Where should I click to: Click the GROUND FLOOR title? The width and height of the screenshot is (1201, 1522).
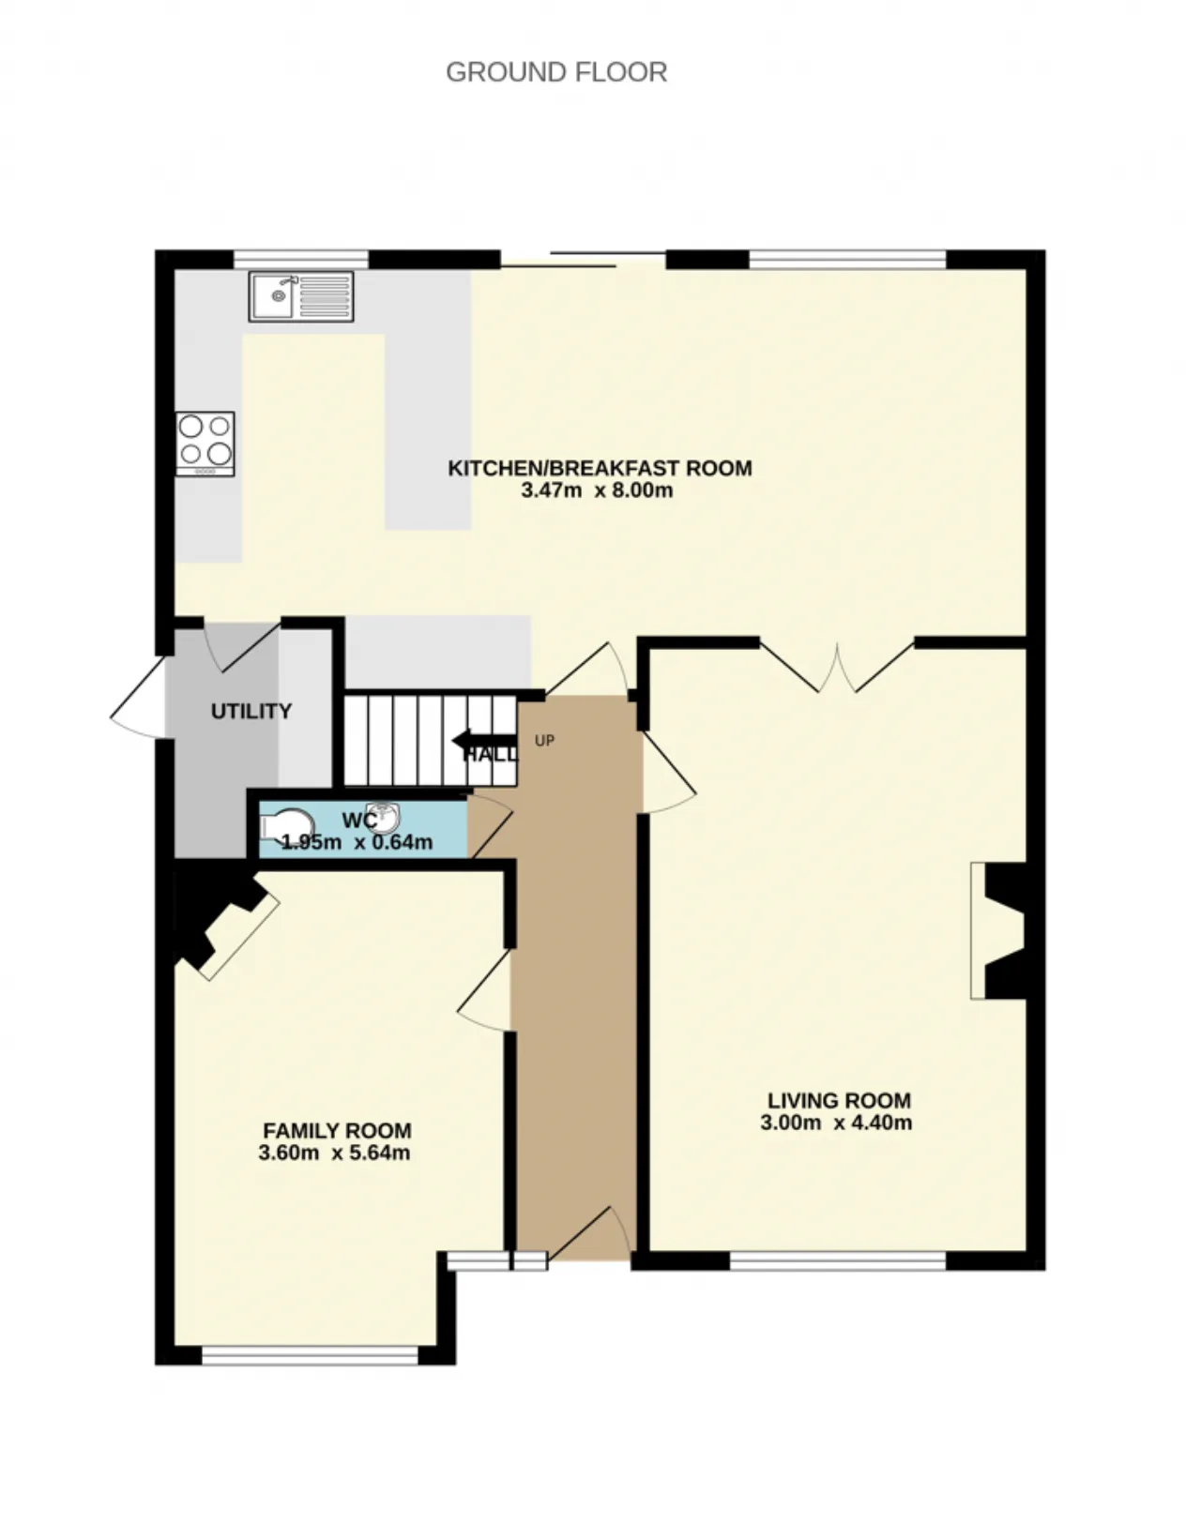[x=556, y=72]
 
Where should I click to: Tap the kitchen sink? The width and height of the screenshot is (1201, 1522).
[x=301, y=297]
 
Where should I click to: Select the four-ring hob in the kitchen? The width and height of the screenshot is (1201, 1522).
[x=205, y=445]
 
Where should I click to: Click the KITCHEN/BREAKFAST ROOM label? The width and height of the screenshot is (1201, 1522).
[x=600, y=468]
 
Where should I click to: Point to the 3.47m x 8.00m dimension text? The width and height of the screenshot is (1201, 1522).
[x=597, y=490]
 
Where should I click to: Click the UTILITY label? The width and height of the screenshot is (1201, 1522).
[x=251, y=712]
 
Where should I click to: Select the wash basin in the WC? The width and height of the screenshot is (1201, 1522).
[x=383, y=819]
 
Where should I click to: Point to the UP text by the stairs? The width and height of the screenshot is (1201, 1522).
[x=544, y=741]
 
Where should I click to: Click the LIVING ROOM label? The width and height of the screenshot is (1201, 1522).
[x=840, y=1101]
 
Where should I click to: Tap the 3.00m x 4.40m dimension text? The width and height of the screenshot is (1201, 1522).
[x=836, y=1123]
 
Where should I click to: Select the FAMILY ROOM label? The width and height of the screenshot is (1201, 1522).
[x=337, y=1131]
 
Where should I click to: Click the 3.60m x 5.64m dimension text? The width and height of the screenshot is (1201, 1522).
[x=334, y=1153]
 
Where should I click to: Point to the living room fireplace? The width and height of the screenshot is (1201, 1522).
[x=998, y=931]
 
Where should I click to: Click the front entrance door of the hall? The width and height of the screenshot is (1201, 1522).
[x=590, y=1233]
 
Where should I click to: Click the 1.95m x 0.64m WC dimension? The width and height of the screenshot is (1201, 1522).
[x=357, y=842]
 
